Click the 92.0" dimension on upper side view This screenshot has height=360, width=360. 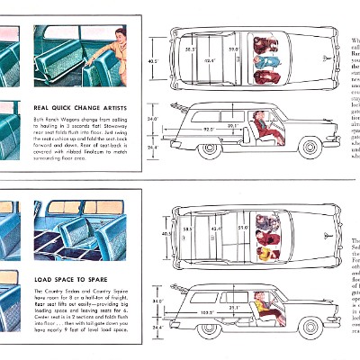coord(208,130)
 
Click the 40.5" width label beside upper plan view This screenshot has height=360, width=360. coord(152,61)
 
